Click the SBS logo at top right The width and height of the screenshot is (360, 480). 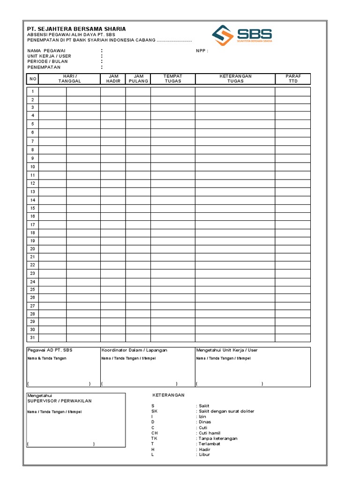point(241,35)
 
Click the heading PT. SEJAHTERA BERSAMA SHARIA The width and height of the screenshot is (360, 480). point(76,29)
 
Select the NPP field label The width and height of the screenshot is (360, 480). point(202,51)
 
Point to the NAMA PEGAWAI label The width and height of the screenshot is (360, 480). point(46,51)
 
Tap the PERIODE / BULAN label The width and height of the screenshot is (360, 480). point(47,61)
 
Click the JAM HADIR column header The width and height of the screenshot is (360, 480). point(113,78)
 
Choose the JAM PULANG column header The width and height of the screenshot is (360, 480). point(138,78)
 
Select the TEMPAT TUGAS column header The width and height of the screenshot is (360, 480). point(172,78)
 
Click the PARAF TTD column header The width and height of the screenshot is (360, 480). point(293,78)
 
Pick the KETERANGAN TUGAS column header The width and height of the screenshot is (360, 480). point(235,78)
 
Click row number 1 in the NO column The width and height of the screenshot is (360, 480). point(33,91)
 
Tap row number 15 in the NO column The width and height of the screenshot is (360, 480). point(33,208)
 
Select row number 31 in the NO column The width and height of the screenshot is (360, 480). point(33,338)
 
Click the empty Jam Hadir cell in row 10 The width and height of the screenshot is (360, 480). point(113,167)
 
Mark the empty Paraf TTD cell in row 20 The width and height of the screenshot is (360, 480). point(292,249)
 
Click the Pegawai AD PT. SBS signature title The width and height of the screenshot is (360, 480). point(50,350)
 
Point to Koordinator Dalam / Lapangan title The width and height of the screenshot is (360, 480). point(134,350)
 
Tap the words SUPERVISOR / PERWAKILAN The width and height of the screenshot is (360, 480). point(60,401)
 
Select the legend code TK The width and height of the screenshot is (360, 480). point(154,438)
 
